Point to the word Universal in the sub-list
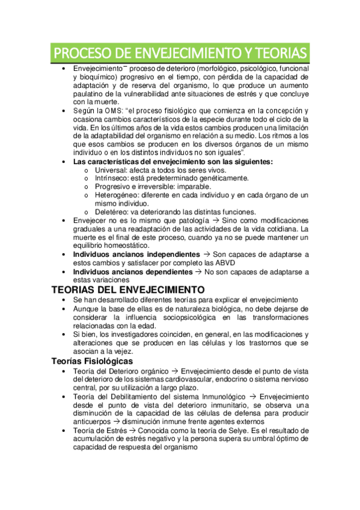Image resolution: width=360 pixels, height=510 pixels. click(112, 170)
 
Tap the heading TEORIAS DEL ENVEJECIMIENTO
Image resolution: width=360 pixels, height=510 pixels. click(127, 289)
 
